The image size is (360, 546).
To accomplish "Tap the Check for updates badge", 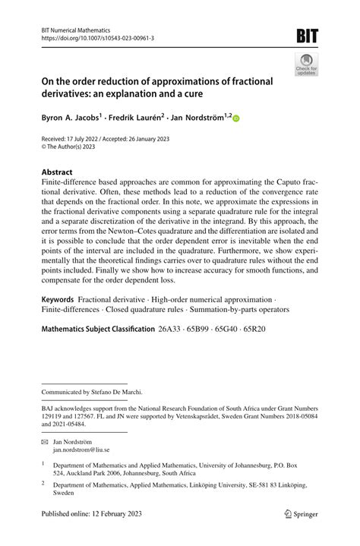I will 306,65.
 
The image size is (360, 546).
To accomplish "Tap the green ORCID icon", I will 235,118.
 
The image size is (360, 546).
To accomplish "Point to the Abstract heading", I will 58,172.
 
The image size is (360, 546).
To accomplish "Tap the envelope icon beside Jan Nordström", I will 44,440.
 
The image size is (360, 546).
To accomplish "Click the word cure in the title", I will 194,92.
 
